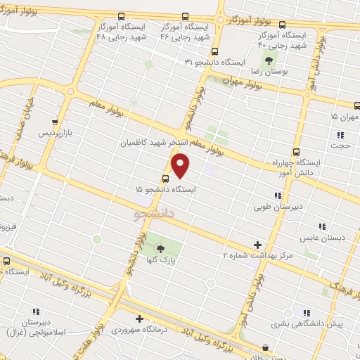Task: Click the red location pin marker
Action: coord(181,166)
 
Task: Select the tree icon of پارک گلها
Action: coord(160,249)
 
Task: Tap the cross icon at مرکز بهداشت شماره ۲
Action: coord(258,244)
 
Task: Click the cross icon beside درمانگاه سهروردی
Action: coord(139,318)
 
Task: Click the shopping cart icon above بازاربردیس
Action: coord(56,121)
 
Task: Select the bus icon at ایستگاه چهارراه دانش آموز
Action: coord(296,150)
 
